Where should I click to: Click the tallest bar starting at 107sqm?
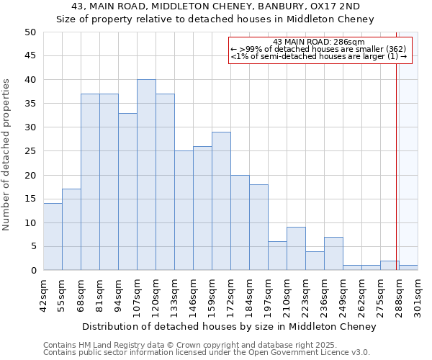point(146,175)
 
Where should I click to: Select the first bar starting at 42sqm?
point(53,237)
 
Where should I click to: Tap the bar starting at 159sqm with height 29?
point(221,201)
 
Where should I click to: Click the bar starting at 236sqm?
point(333,253)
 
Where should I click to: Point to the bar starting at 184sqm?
point(258,228)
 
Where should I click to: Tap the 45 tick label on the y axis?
point(30,56)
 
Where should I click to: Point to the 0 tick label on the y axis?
point(33,271)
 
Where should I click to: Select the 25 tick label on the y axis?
point(30,151)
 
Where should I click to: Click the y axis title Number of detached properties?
point(7,155)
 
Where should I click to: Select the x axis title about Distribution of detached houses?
point(229,327)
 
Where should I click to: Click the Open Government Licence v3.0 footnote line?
point(207,353)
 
